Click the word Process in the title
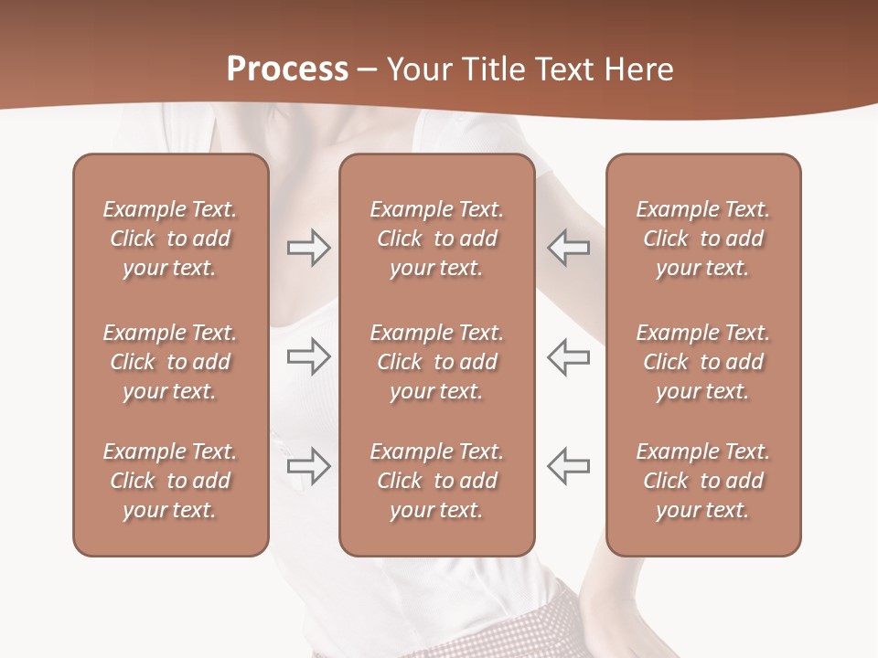coord(287,69)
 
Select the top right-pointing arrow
coord(308,248)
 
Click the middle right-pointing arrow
coord(308,356)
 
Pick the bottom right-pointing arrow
coord(308,465)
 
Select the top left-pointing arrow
coord(569,248)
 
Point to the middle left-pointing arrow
coord(569,356)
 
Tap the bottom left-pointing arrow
coord(569,465)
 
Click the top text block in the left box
coord(170,239)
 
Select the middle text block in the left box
coord(170,362)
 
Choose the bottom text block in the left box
coord(170,481)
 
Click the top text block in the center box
coord(436,239)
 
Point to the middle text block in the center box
coord(436,362)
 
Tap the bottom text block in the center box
coord(436,481)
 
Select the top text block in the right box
coord(703,239)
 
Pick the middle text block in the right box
coord(703,362)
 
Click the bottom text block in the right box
coord(703,481)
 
